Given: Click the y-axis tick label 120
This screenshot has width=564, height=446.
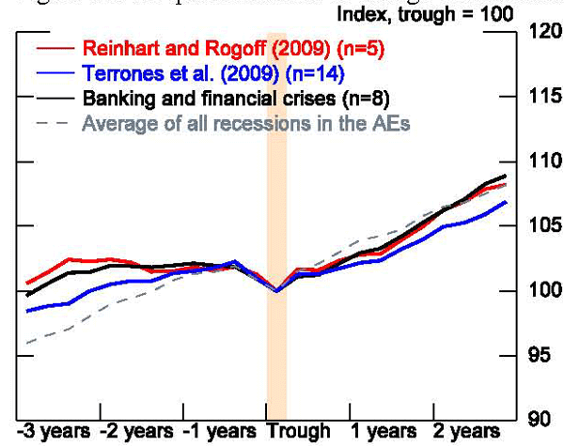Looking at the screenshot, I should tap(543, 31).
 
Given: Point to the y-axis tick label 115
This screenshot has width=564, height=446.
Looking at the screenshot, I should tap(543, 97).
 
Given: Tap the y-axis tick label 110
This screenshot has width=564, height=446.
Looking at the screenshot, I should tap(543, 161).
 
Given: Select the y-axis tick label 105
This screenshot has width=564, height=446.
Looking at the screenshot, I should tap(543, 226).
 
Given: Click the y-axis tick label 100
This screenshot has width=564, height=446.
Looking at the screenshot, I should tap(543, 291).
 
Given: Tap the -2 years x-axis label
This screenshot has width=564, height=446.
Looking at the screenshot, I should tap(137, 432).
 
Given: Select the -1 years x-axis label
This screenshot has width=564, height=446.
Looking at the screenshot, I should tap(220, 432).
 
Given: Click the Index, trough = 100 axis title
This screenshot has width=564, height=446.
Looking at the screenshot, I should tap(425, 14).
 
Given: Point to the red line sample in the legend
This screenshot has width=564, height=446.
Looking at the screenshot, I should tap(54, 47).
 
